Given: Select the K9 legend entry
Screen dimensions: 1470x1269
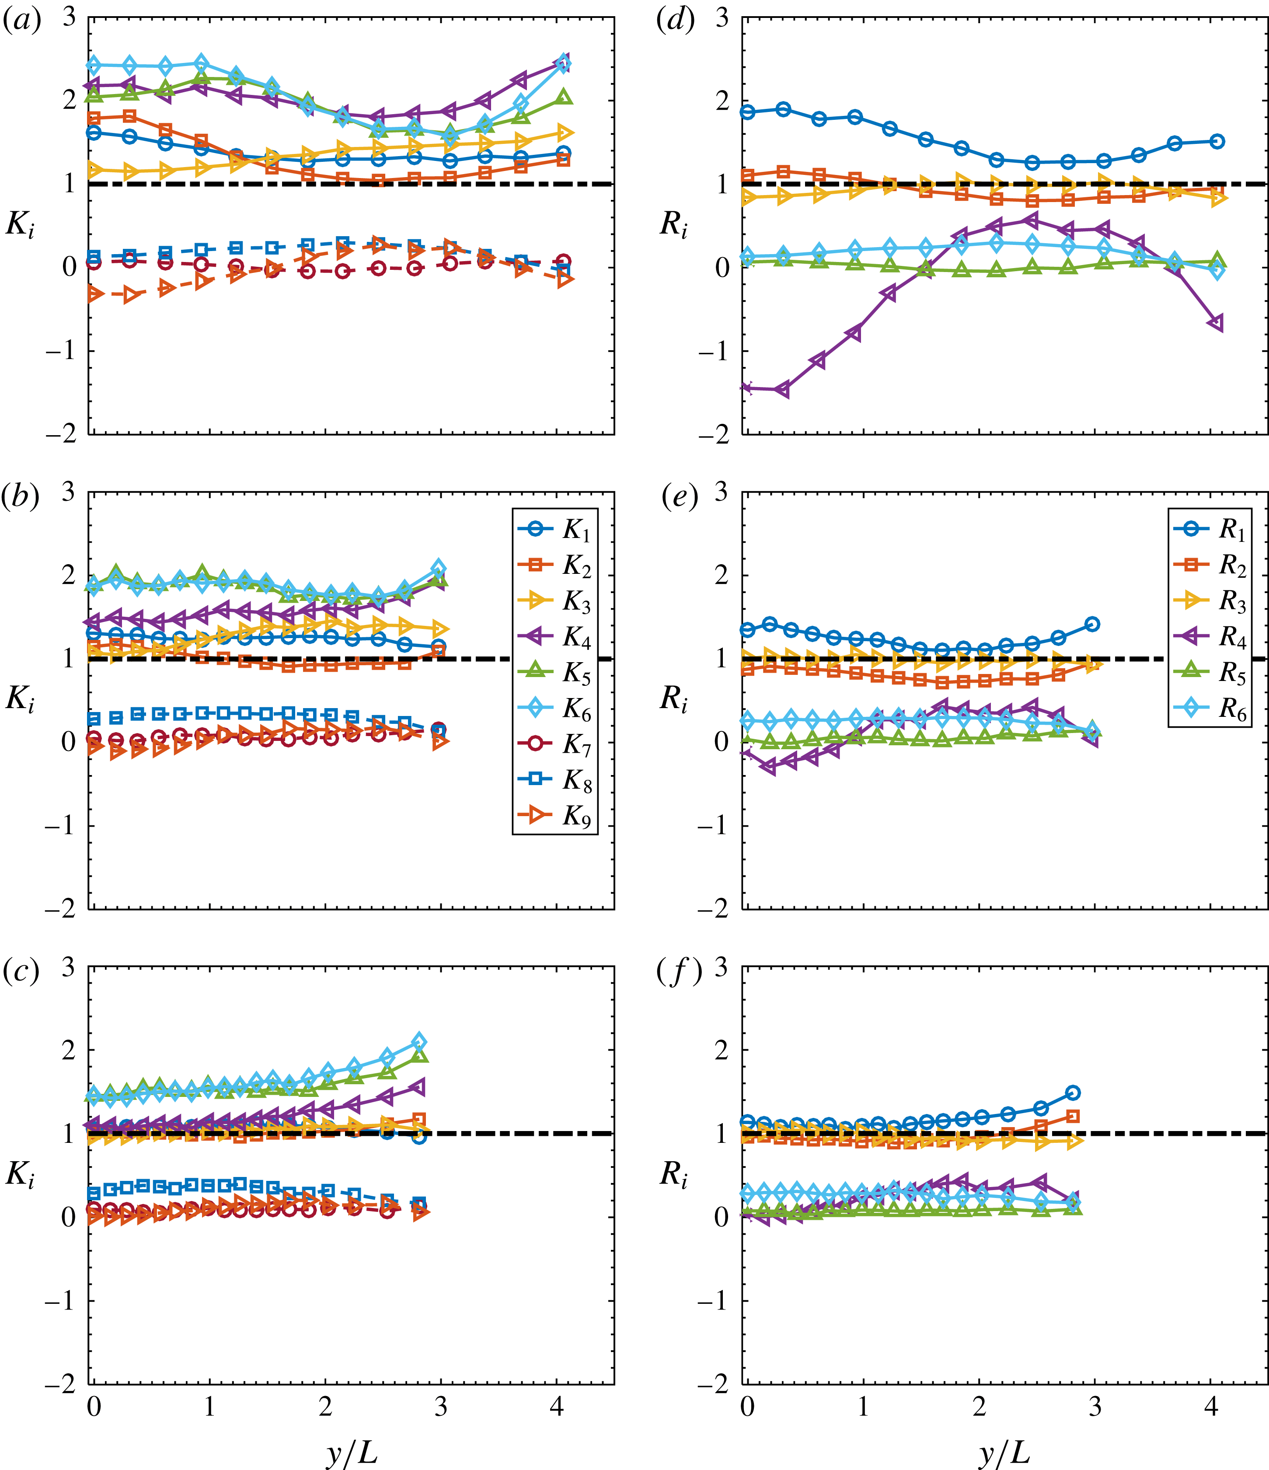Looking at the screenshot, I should coord(555,817).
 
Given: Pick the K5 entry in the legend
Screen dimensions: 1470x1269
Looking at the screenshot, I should coord(555,673).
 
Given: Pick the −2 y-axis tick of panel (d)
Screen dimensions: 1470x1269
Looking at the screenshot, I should coord(713,434).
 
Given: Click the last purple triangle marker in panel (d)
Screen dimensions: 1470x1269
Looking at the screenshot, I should coord(1216,324).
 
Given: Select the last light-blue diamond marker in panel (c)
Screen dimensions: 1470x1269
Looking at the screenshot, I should coord(419,1041).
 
